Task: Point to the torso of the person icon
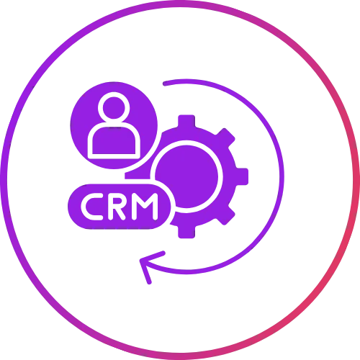114,142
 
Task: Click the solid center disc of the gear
186,176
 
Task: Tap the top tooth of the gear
186,121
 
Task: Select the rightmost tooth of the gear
242,176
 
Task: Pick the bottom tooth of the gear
186,232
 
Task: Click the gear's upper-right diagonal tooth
225,138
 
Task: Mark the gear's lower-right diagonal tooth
225,216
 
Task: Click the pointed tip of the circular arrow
140,260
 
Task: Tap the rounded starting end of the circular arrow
165,84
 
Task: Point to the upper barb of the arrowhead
153,256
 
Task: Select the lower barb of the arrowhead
145,271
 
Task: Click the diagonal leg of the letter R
120,215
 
